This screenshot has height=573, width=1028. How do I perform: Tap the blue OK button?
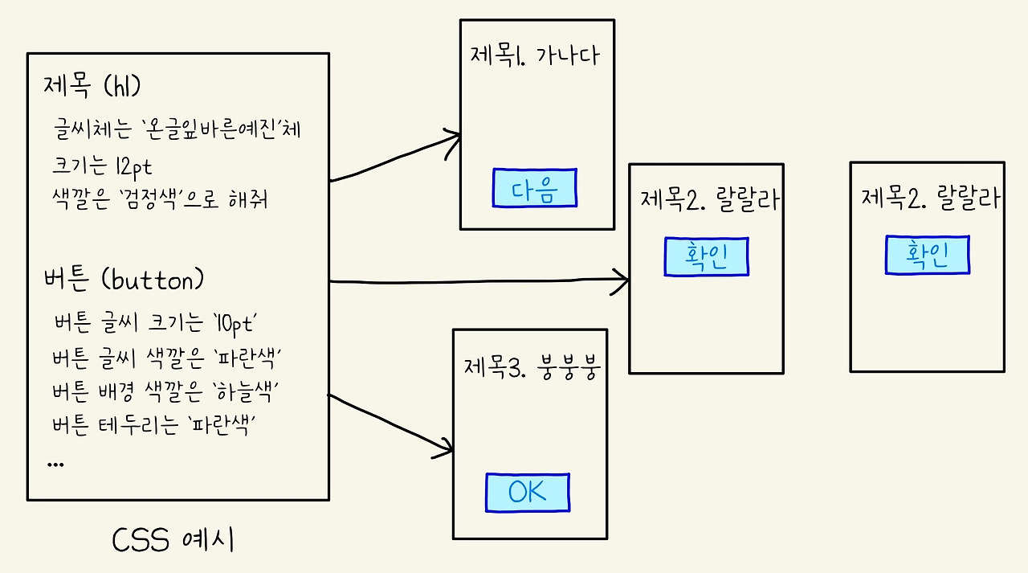527,493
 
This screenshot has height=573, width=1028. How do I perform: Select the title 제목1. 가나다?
535,56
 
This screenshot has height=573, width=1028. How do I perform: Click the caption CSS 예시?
173,541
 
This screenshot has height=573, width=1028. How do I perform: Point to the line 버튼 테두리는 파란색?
158,425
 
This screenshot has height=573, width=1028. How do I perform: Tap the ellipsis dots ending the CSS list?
56,464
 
